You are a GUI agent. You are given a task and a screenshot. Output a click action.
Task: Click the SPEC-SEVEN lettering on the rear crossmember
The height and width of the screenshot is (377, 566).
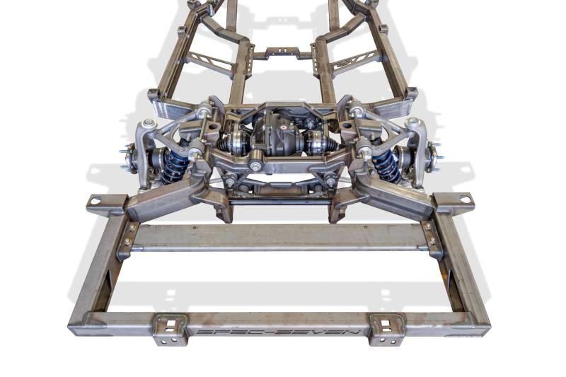click(x=279, y=331)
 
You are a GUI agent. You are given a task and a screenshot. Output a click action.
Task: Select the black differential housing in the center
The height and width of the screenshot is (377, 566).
click(x=277, y=136)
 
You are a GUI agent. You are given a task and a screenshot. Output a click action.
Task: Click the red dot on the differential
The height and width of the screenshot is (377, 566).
click(x=284, y=127)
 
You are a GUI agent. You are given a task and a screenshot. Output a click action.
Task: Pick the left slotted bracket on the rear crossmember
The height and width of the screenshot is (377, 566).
click(x=170, y=330)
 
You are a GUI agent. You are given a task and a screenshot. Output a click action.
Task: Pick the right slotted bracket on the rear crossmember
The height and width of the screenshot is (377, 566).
click(x=387, y=330)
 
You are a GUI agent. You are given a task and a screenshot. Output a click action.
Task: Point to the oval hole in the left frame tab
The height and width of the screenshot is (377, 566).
click(x=96, y=200)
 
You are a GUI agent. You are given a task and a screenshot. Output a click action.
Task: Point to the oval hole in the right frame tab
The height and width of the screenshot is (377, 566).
click(x=465, y=199)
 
